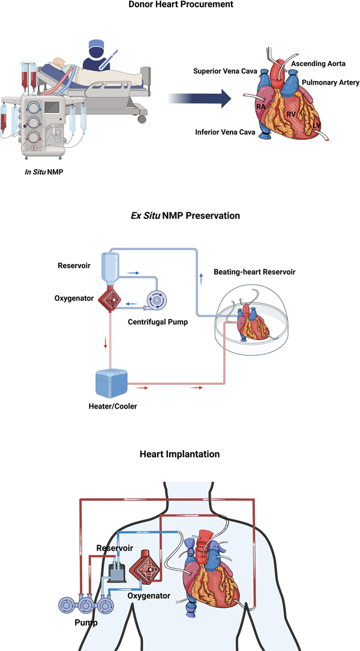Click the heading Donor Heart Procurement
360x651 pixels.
coord(179,5)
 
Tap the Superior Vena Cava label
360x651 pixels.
coord(226,71)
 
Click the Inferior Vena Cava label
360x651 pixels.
coord(224,131)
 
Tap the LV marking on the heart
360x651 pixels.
coord(316,125)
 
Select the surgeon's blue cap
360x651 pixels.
coord(95,45)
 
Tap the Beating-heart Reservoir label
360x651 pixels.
coord(255,272)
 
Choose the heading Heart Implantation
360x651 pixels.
coord(179,454)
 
